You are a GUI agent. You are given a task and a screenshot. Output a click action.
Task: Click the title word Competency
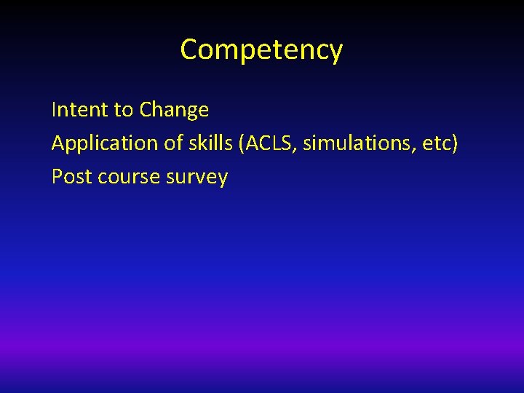coord(261,50)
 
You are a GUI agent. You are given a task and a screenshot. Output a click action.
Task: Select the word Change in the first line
coord(174,110)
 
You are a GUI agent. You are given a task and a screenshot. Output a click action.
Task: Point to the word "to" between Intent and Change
coord(123,111)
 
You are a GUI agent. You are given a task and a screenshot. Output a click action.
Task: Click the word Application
coord(105,143)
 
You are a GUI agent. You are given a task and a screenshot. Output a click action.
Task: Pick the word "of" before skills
coord(173,143)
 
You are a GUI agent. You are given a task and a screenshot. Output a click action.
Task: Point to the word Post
coord(68,177)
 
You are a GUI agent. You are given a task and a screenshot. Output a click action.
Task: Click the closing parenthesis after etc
coord(455,144)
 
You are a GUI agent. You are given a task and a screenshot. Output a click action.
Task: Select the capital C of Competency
coord(188,50)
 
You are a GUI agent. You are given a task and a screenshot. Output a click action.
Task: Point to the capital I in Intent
coord(54,110)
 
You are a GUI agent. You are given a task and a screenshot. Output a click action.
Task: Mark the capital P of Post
coord(57,177)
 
